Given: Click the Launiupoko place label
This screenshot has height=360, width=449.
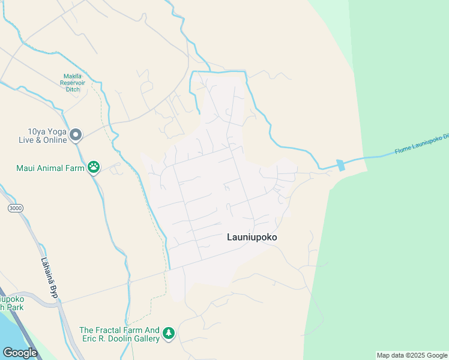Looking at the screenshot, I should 252,237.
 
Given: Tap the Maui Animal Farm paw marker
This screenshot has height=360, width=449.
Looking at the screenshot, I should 94,167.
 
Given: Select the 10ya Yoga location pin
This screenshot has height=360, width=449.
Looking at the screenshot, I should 76,135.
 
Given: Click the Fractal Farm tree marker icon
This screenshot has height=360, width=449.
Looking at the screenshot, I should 169,333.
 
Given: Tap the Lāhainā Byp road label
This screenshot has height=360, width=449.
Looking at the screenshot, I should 49,278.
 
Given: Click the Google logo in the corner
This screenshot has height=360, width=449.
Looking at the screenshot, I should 20,352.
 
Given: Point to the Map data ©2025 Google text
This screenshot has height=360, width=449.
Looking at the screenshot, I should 412,355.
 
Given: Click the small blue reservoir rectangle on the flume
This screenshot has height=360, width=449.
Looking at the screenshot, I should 341,164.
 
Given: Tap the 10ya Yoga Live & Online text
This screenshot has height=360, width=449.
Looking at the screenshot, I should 38,136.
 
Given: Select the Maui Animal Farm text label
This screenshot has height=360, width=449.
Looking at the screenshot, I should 50,168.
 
